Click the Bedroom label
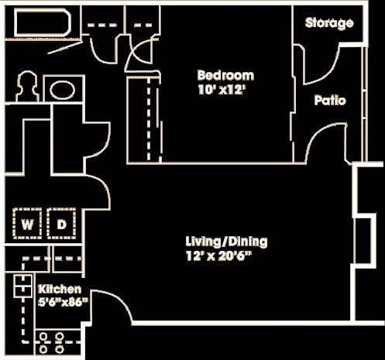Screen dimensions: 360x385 [x=225, y=76]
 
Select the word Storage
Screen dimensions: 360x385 [x=328, y=23]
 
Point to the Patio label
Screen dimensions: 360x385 [x=329, y=101]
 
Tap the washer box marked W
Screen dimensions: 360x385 [x=27, y=225]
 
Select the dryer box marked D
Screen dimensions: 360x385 [x=61, y=225]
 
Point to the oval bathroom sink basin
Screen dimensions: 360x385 [x=59, y=89]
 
